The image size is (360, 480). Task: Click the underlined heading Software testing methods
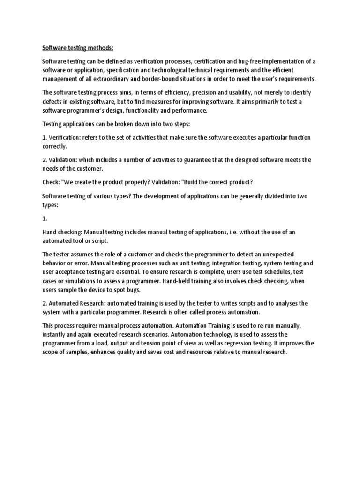[78, 47]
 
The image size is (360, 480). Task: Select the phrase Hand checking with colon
[62, 232]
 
